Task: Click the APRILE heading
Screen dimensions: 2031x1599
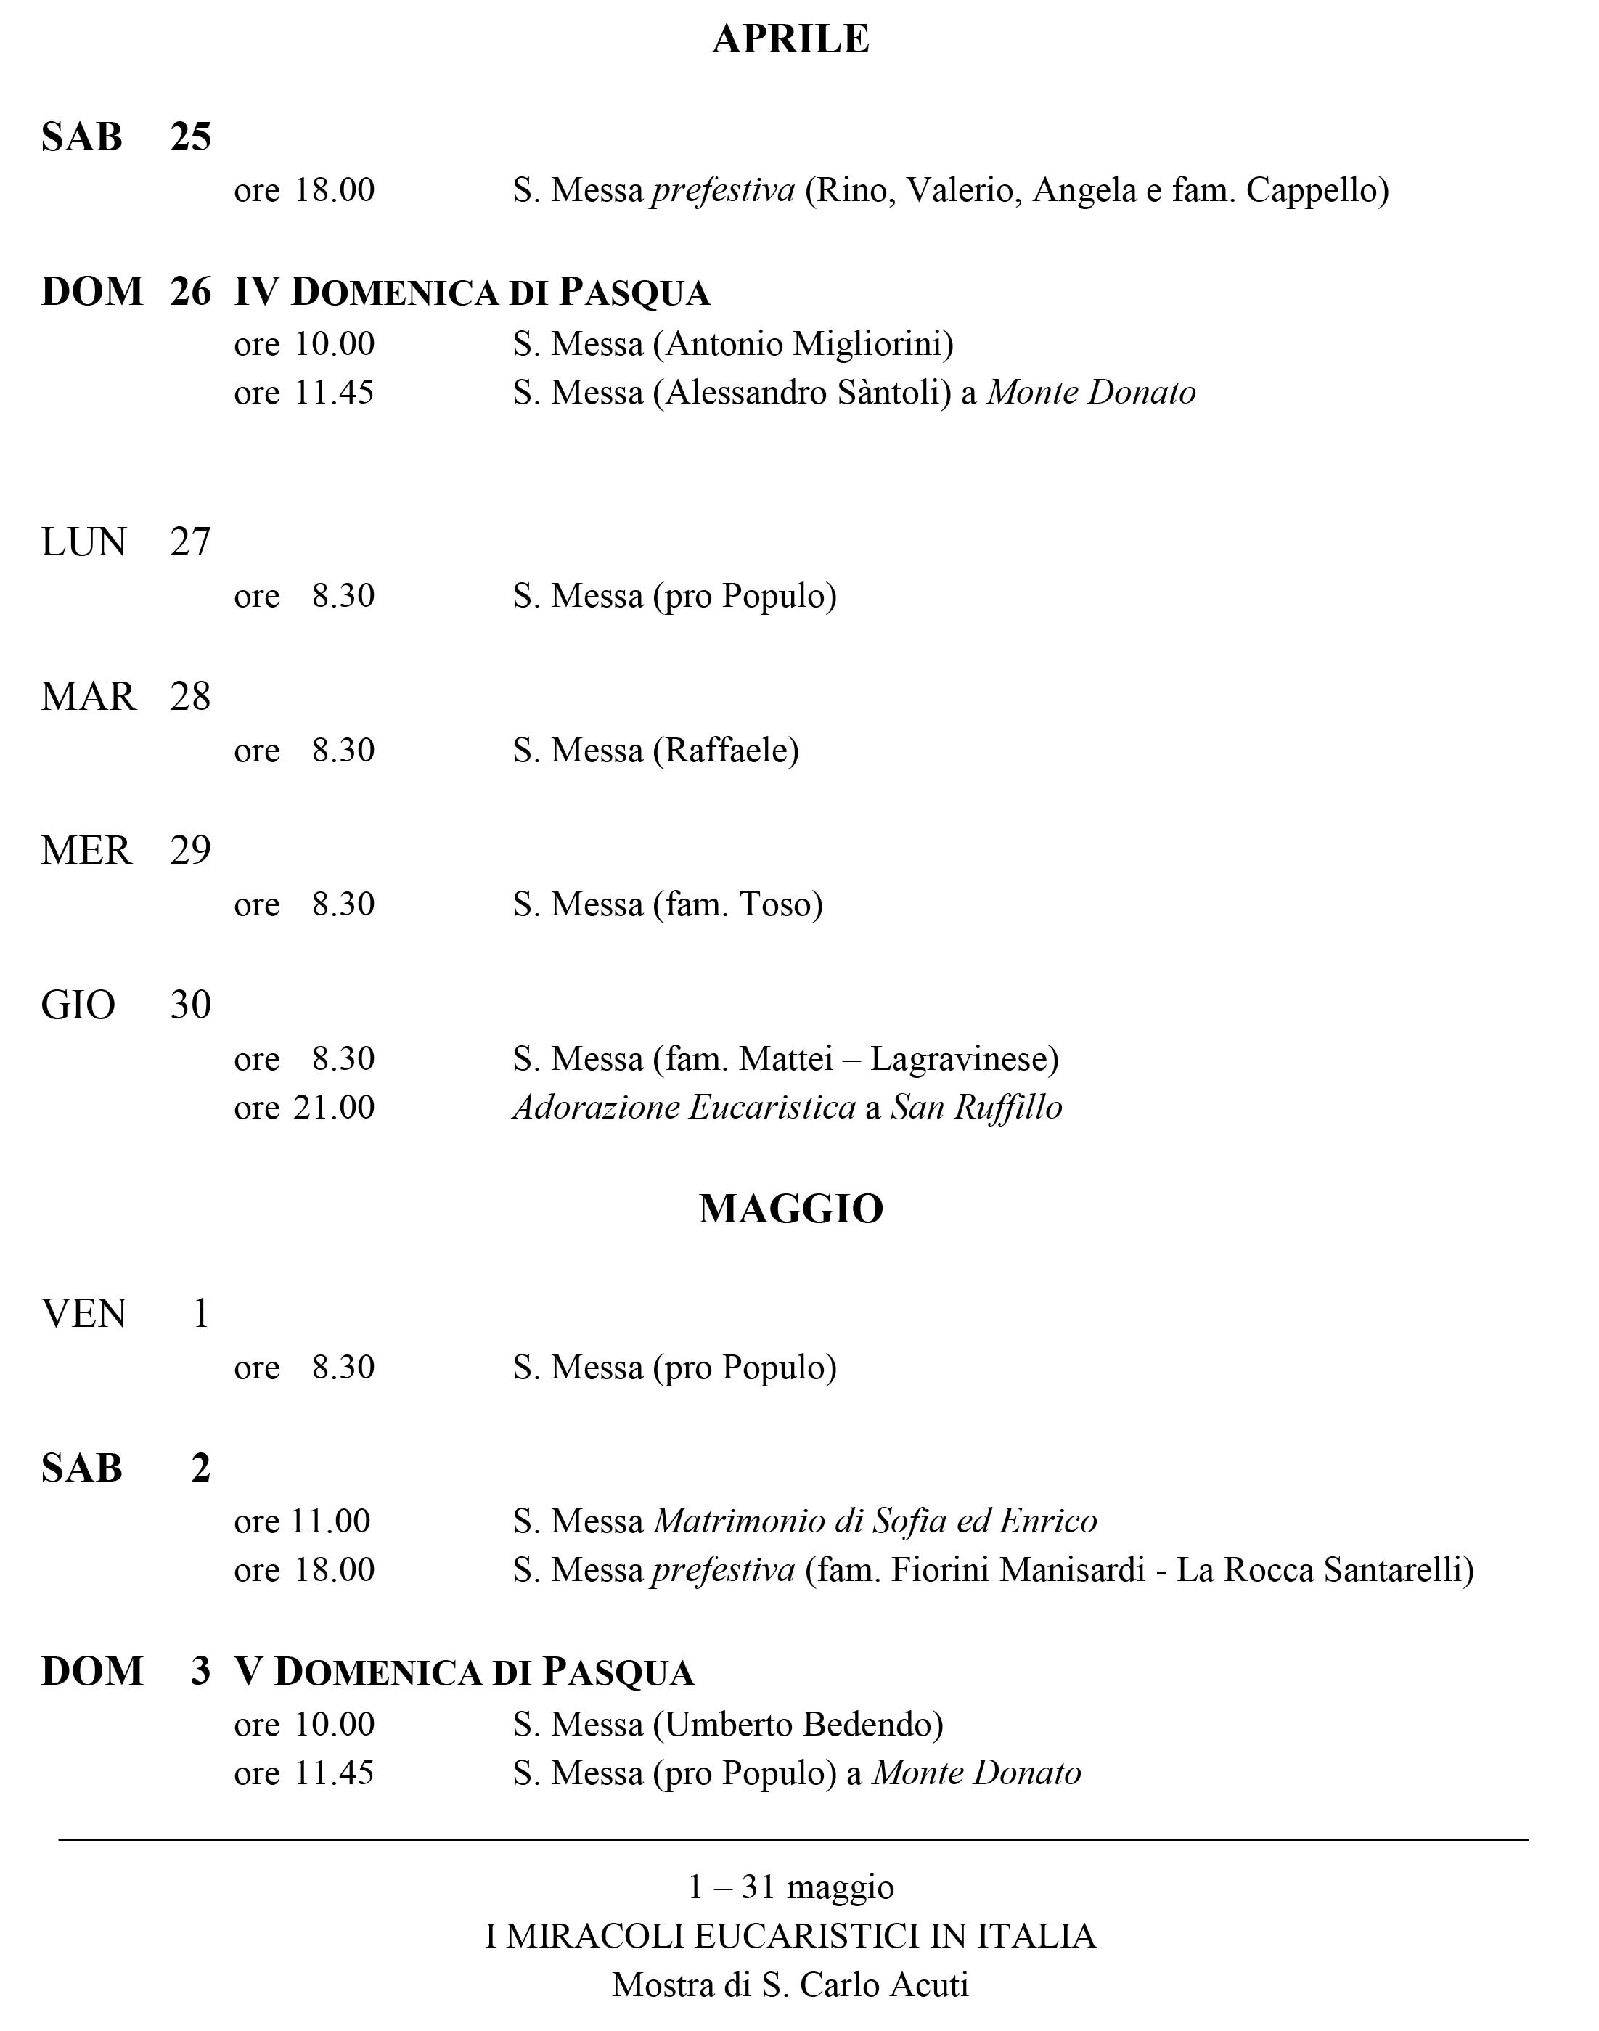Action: (x=790, y=39)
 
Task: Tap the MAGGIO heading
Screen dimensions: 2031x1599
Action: (x=790, y=1208)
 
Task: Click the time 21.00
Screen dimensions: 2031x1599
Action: (x=334, y=1107)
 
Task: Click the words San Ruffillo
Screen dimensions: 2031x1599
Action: (x=976, y=1107)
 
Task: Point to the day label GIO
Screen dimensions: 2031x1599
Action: (x=78, y=1005)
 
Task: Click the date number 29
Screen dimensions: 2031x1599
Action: (x=190, y=850)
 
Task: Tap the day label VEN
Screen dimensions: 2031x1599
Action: (x=83, y=1313)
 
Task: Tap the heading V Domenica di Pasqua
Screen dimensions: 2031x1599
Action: (x=465, y=1672)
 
